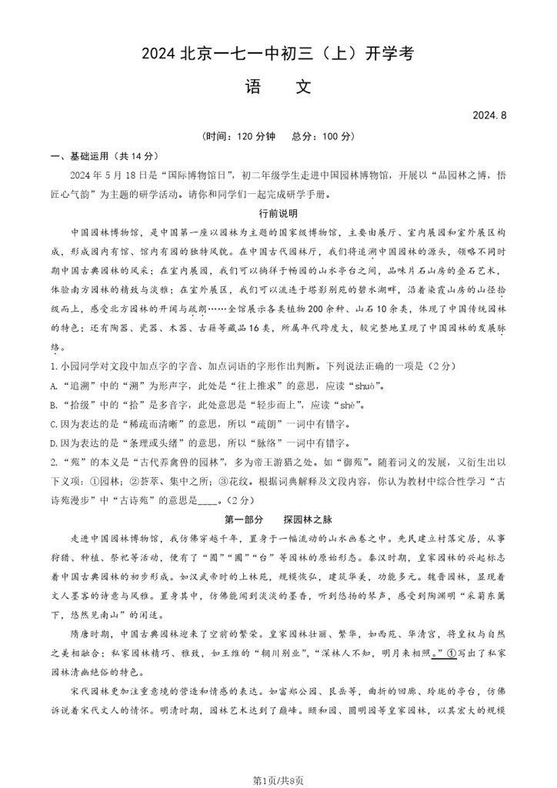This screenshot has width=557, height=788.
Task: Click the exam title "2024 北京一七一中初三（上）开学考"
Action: [278, 54]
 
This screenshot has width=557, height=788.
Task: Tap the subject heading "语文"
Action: [278, 87]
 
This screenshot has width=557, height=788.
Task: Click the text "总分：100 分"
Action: [319, 136]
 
